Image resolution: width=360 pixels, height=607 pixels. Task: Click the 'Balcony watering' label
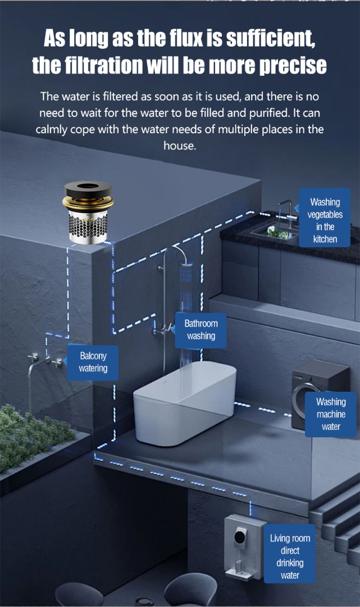pyautogui.click(x=93, y=363)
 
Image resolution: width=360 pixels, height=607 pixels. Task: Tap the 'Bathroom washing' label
pyautogui.click(x=200, y=330)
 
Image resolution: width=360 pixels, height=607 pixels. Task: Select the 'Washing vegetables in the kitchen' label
pyautogui.click(x=325, y=218)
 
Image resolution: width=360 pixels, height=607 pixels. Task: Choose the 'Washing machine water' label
pyautogui.click(x=331, y=414)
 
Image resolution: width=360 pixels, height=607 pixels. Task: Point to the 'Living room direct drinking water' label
pyautogui.click(x=290, y=556)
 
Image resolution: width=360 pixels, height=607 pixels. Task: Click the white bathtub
pyautogui.click(x=185, y=402)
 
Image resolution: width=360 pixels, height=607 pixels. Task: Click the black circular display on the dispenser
pyautogui.click(x=240, y=536)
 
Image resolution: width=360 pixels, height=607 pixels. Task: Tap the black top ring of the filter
pyautogui.click(x=88, y=190)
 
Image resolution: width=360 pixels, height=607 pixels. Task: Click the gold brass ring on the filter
pyautogui.click(x=88, y=203)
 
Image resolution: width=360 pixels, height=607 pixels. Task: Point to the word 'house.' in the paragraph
pyautogui.click(x=180, y=146)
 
